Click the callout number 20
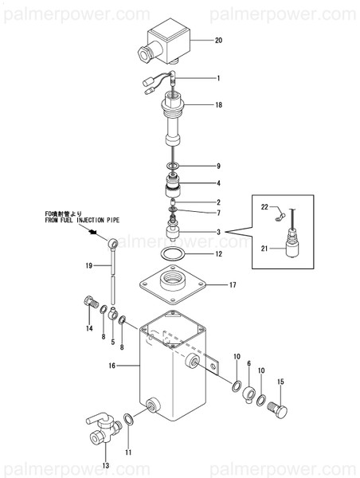[x=218, y=41]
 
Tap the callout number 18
[x=218, y=105]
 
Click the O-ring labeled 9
[x=173, y=167]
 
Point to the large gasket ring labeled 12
[x=173, y=253]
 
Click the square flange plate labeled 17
[x=173, y=285]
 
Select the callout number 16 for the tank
[x=112, y=365]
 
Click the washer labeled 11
[x=128, y=420]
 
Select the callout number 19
[x=88, y=266]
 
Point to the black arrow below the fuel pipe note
[x=92, y=233]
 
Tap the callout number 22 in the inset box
[x=264, y=207]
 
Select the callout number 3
[x=218, y=233]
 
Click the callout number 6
[x=249, y=363]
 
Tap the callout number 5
[x=113, y=342]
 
